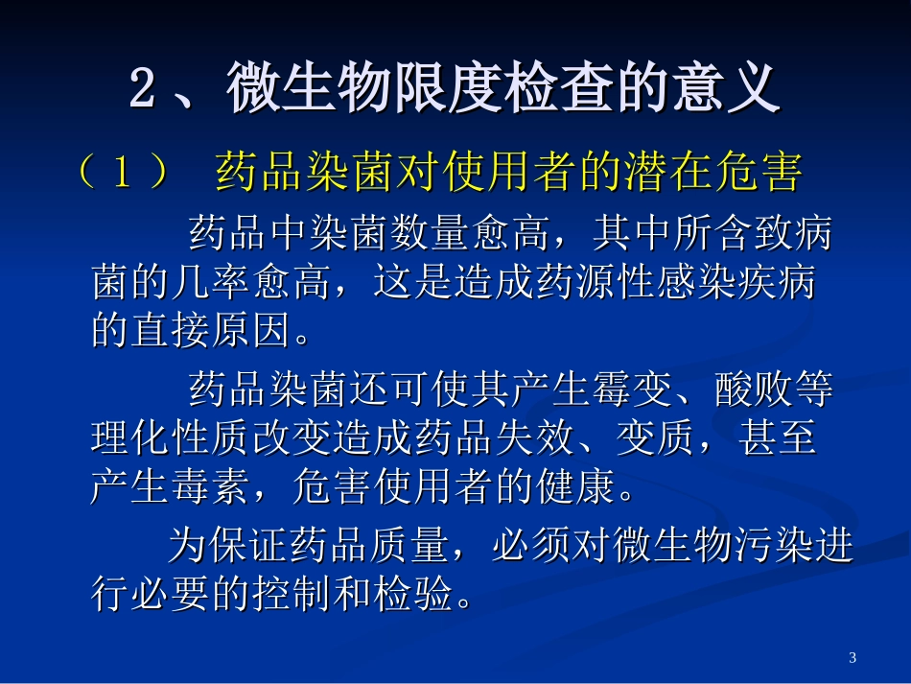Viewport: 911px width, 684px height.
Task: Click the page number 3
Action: pos(853,657)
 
